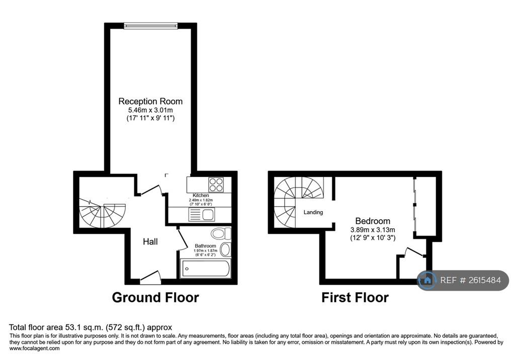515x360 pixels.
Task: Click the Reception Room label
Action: point(150,101)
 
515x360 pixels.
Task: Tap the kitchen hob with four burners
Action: point(216,185)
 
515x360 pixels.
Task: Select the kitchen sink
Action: point(202,215)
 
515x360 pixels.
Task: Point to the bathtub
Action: point(205,268)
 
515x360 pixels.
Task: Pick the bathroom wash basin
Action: point(225,249)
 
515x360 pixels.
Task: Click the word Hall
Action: point(150,242)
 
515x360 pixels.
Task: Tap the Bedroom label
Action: point(373,221)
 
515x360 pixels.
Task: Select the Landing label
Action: point(313,212)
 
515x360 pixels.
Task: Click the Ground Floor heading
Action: point(155,298)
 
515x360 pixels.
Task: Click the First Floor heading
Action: point(355,298)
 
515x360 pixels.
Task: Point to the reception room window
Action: point(151,26)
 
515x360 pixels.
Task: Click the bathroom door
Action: point(182,240)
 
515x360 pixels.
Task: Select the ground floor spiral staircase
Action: point(103,213)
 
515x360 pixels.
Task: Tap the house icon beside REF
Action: point(427,280)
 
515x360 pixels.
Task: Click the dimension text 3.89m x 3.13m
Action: point(373,230)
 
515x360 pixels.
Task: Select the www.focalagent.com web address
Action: point(35,348)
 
